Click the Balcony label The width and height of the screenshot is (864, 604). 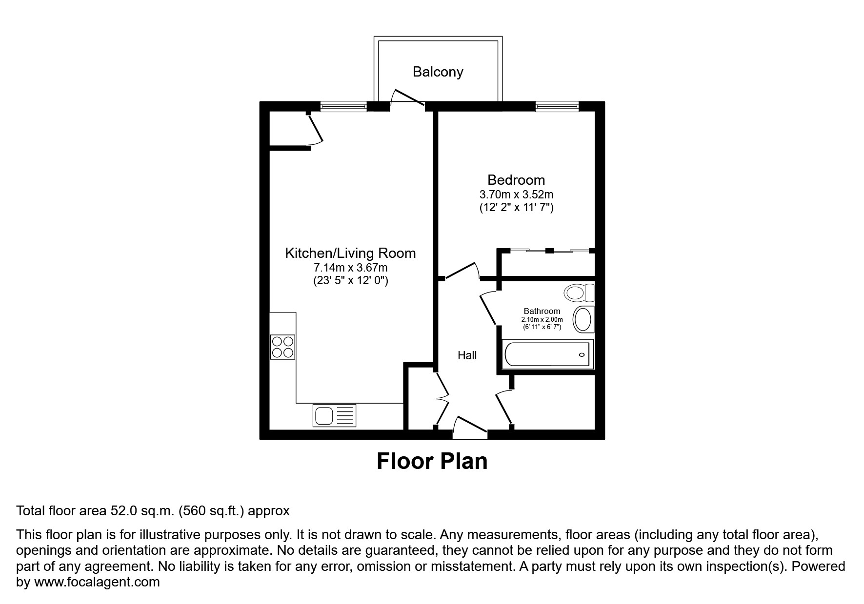coord(438,72)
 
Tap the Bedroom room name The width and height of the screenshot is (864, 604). coord(516,180)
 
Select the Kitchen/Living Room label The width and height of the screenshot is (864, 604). coord(350,253)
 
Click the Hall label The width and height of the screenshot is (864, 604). coord(467,355)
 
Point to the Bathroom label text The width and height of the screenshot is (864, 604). coord(542,311)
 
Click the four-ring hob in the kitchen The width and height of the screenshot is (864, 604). coord(282,347)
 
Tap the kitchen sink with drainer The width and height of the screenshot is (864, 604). coord(335,416)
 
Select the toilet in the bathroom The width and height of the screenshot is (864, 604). coord(579,293)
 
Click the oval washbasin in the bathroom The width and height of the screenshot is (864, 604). coord(583,320)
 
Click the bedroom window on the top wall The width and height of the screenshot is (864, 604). coord(557,106)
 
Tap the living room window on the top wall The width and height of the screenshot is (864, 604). coord(343,106)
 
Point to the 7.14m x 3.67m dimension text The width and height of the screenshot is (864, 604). coord(350,268)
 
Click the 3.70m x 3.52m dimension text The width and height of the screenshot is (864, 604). coord(516,195)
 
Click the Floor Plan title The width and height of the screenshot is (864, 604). coord(432,461)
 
